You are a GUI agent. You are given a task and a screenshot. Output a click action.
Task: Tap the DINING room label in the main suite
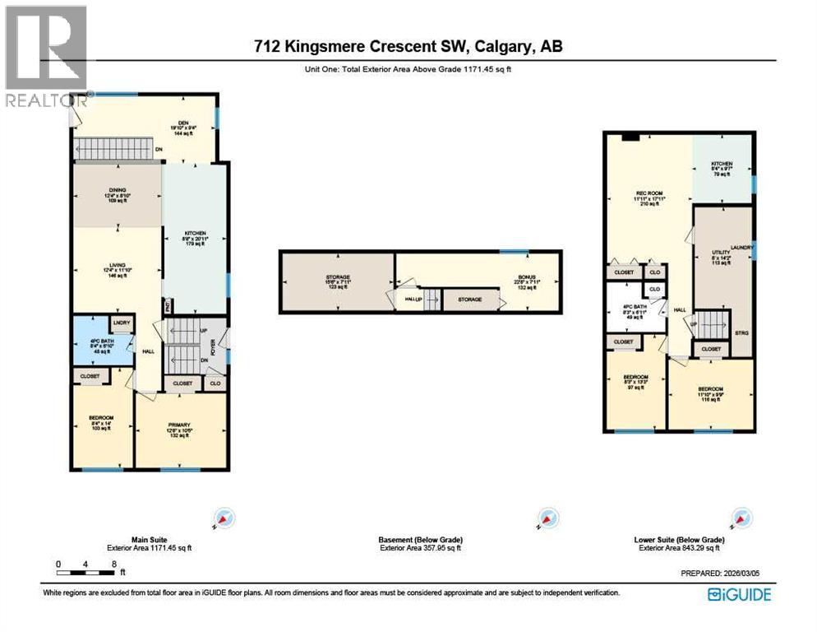pyautogui.click(x=116, y=195)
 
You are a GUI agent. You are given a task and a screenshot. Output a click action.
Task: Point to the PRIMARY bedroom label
pyautogui.click(x=179, y=430)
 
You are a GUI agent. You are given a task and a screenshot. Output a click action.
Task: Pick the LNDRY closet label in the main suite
pyautogui.click(x=122, y=322)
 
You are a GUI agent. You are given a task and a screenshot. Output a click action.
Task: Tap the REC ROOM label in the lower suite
pyautogui.click(x=648, y=198)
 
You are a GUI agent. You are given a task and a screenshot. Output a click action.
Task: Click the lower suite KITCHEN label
pyautogui.click(x=722, y=169)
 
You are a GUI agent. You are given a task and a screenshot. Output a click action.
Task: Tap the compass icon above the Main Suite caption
pyautogui.click(x=224, y=518)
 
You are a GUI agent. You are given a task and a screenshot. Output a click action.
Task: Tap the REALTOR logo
pyautogui.click(x=46, y=58)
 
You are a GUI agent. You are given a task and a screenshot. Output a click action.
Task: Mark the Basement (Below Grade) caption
pyautogui.click(x=419, y=540)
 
